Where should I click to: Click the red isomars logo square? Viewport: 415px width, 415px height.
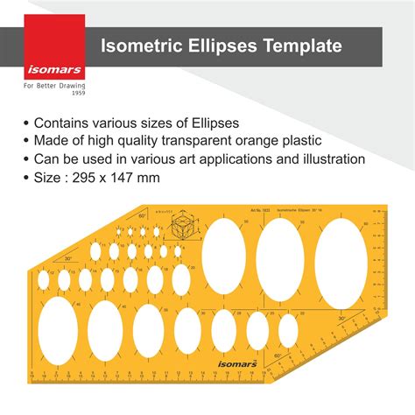coord(54,47)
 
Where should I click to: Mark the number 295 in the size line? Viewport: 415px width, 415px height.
coord(96,179)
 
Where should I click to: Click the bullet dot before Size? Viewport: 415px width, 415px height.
coord(25,179)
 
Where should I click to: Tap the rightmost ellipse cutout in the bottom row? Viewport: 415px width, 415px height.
coord(288,330)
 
